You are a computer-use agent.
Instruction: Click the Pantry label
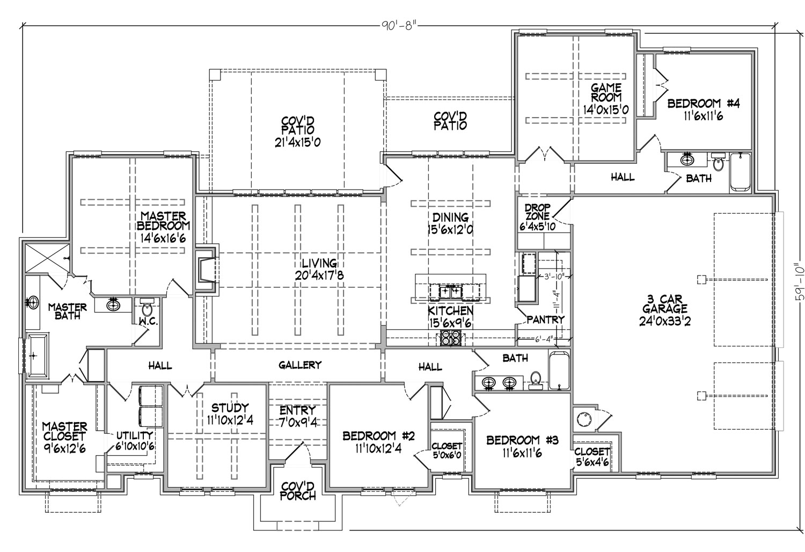tap(545, 319)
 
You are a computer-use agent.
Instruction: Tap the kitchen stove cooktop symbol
tap(450, 338)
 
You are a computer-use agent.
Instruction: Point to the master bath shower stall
tap(47, 258)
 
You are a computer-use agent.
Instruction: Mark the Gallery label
tap(299, 365)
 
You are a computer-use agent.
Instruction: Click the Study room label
tap(230, 408)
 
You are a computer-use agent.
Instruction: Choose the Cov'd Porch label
tap(297, 491)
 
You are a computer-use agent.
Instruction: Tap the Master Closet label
tap(65, 432)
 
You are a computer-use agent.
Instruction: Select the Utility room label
tap(134, 436)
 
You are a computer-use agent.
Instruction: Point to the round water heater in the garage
tap(582, 419)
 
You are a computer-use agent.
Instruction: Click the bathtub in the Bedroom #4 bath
tap(740, 171)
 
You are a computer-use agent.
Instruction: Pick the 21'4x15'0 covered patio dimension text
tap(297, 142)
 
